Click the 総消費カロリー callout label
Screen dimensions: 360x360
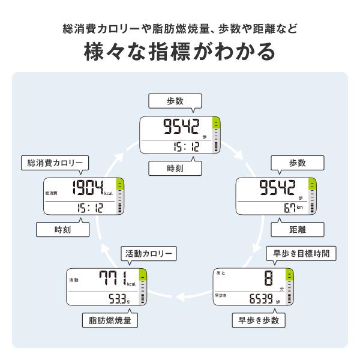click(55, 163)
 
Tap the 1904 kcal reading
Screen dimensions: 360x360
click(92, 188)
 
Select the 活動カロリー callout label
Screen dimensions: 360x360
click(149, 254)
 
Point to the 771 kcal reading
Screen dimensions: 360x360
click(118, 278)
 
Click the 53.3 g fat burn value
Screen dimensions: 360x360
click(119, 299)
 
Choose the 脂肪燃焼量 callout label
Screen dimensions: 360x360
click(110, 320)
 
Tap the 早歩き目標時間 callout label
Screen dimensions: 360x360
click(301, 254)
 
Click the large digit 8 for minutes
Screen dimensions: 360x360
click(269, 278)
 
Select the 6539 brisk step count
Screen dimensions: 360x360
click(261, 299)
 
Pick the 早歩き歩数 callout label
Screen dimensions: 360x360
click(259, 320)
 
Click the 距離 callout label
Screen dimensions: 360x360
click(298, 230)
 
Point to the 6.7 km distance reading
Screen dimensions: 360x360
click(293, 208)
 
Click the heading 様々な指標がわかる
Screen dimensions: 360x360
click(180, 52)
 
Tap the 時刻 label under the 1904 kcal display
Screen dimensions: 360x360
click(62, 230)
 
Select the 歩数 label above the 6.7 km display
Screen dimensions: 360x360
click(298, 163)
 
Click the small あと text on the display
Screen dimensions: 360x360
click(221, 273)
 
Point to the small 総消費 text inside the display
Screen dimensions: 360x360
click(52, 193)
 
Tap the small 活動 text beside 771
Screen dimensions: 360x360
click(74, 280)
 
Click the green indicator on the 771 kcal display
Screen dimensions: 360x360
click(143, 275)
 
